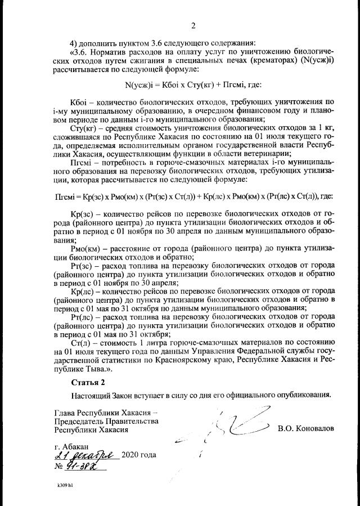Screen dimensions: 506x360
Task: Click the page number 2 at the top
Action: pyautogui.click(x=193, y=25)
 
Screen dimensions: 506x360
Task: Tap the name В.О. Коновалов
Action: pyautogui.click(x=306, y=428)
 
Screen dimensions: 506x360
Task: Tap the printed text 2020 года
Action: pyautogui.click(x=138, y=455)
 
